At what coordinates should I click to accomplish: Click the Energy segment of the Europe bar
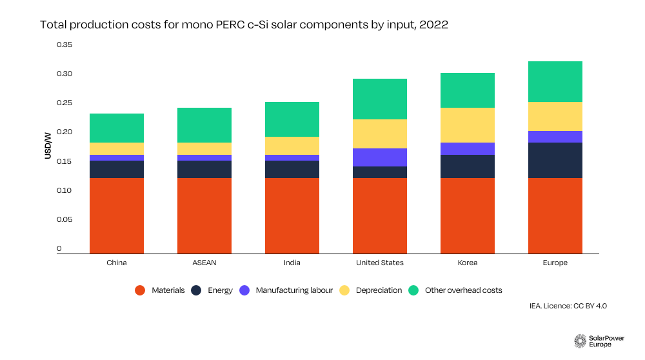(555, 160)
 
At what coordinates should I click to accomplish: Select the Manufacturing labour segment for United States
(380, 157)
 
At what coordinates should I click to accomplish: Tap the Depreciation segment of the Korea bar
(468, 125)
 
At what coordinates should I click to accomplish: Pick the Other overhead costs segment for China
(117, 128)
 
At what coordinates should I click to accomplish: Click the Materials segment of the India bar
(292, 215)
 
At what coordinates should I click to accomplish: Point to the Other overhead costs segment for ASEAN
(204, 125)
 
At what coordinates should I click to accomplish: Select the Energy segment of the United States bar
(380, 172)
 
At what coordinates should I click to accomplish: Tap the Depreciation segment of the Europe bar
(555, 116)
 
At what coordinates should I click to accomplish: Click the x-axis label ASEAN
(204, 263)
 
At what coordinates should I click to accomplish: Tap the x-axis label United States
(380, 263)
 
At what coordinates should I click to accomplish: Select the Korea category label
(468, 263)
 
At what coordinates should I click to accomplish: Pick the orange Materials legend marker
(140, 290)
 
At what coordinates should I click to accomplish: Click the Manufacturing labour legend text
(294, 290)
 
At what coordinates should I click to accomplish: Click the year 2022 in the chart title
(431, 25)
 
